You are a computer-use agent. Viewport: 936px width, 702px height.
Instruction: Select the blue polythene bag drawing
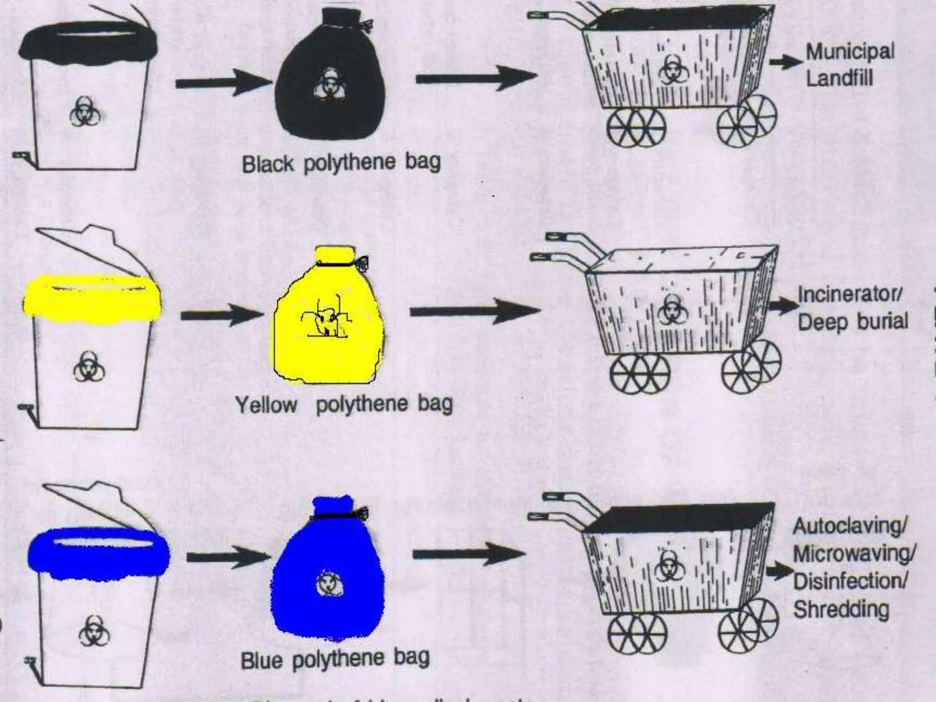(x=327, y=580)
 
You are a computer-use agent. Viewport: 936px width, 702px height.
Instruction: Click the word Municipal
(x=850, y=52)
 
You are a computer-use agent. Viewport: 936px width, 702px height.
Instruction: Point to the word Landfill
(x=839, y=78)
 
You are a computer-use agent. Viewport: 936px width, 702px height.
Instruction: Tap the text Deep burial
(x=853, y=322)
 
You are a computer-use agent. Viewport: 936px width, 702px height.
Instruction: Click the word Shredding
(x=841, y=609)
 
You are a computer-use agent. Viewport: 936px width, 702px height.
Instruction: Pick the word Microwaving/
(x=854, y=554)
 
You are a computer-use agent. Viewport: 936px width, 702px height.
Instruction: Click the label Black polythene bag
(x=341, y=163)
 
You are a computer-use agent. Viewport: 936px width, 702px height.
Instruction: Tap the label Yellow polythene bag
(x=344, y=404)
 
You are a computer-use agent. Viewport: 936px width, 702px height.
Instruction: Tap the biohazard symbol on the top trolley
(x=670, y=70)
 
